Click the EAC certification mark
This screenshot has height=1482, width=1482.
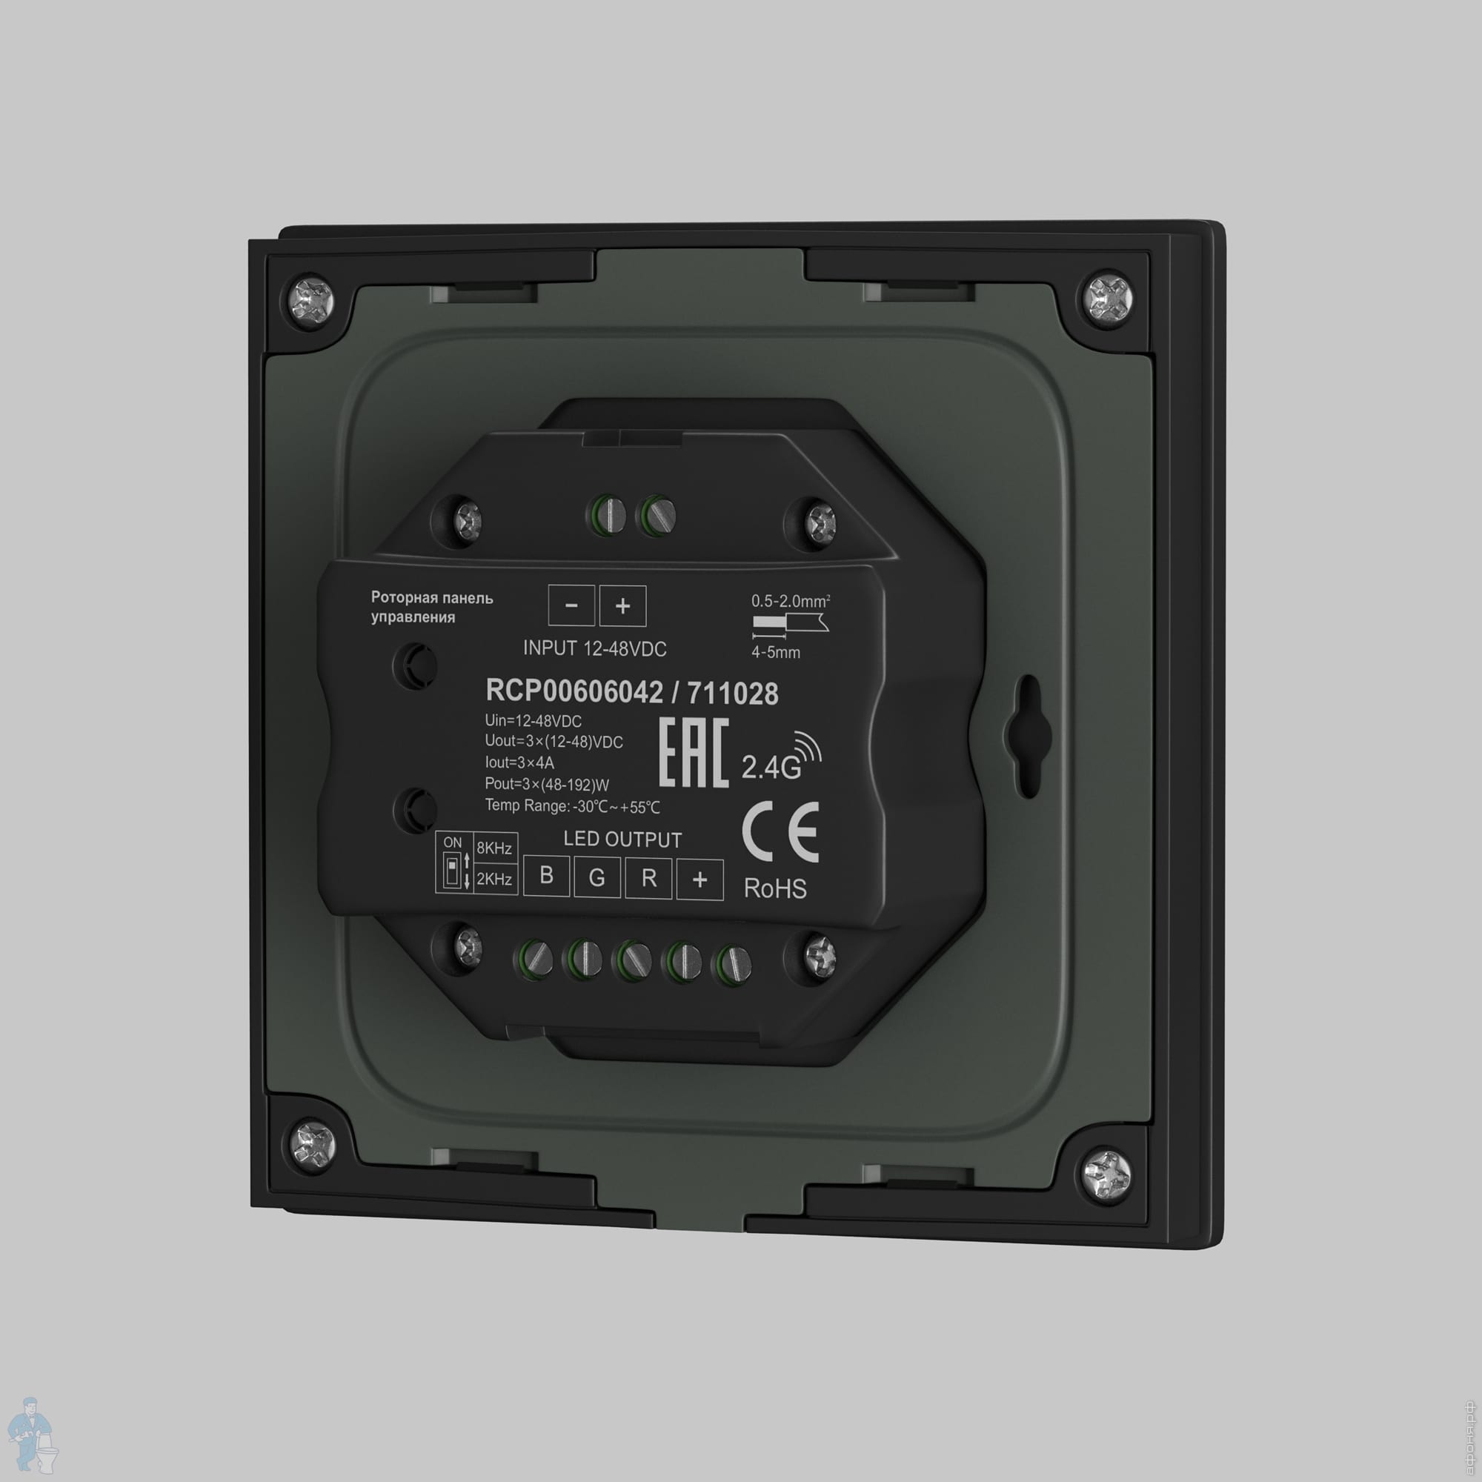point(694,754)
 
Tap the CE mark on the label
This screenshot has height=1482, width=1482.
point(780,833)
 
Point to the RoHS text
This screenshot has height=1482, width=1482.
point(775,888)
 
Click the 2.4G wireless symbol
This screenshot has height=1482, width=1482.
point(781,756)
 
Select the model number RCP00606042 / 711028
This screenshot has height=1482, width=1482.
point(632,692)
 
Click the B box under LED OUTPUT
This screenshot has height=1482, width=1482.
point(546,875)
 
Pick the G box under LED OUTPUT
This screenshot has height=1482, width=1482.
point(597,877)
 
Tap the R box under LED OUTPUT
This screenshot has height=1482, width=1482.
point(649,877)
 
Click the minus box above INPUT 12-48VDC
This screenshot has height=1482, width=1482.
point(571,605)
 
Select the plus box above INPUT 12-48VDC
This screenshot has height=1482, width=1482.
point(623,606)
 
